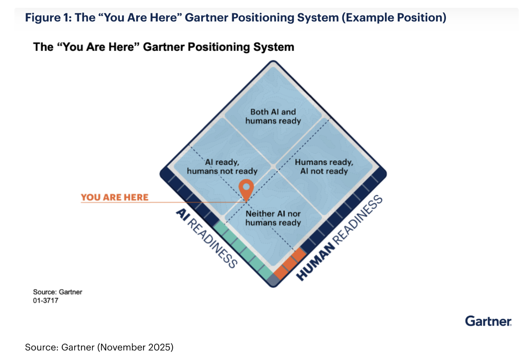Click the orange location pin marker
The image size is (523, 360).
pyautogui.click(x=246, y=188)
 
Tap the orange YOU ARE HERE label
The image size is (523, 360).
pyautogui.click(x=114, y=197)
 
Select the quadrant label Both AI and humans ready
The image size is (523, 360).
pyautogui.click(x=273, y=116)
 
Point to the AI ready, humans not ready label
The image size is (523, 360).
pyautogui.click(x=222, y=167)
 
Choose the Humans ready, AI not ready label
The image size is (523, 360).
pyautogui.click(x=324, y=167)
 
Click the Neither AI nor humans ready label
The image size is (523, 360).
pyautogui.click(x=273, y=218)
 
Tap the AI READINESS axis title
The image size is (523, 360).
pyautogui.click(x=207, y=238)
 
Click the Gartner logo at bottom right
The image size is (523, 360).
pyautogui.click(x=488, y=321)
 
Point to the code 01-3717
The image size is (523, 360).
pyautogui.click(x=46, y=301)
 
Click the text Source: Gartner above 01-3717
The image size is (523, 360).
pyautogui.click(x=58, y=292)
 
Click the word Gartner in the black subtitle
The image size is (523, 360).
pyautogui.click(x=164, y=47)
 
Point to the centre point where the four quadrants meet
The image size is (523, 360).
pyautogui.click(x=274, y=167)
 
